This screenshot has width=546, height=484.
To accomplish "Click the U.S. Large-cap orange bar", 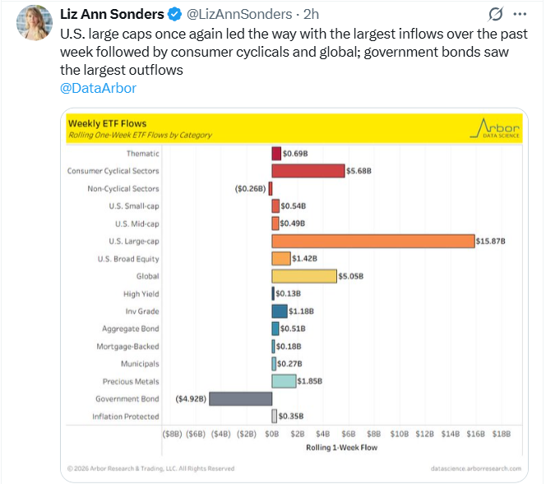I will (373, 241).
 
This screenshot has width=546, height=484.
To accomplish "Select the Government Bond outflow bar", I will (240, 399).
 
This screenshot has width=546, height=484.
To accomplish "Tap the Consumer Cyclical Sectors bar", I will (308, 171).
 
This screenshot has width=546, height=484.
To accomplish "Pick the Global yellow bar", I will (304, 276).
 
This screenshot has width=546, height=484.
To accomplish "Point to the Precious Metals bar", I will (284, 381).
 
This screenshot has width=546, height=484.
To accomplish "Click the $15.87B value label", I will (491, 241).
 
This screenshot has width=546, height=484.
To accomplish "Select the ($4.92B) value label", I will (190, 399).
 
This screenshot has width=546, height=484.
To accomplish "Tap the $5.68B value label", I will (359, 171).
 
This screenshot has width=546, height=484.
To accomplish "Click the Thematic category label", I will (143, 154).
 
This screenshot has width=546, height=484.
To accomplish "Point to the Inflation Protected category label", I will (126, 417).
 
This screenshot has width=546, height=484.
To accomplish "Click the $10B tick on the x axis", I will (399, 433).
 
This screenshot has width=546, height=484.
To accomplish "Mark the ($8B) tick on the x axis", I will (172, 433).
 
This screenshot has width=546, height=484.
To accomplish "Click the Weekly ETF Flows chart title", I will (101, 123).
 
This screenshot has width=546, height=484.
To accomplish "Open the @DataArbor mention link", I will (98, 88).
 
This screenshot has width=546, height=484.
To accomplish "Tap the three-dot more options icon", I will (519, 15).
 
